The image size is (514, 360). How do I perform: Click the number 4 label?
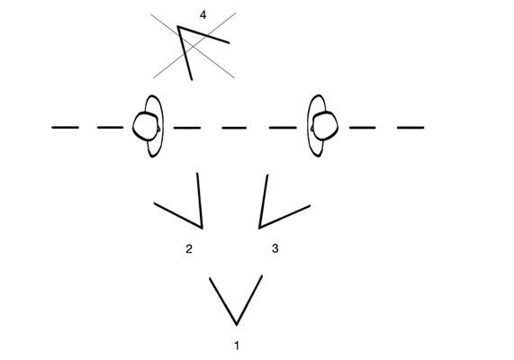(203, 15)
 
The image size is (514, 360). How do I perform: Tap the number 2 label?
(189, 249)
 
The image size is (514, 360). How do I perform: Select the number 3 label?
(275, 248)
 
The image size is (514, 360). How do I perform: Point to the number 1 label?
(237, 346)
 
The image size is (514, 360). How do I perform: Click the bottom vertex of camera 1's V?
(237, 325)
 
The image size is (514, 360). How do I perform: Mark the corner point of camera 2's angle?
(202, 228)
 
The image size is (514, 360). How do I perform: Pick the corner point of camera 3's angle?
(259, 228)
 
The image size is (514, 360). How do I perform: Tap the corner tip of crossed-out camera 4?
(178, 26)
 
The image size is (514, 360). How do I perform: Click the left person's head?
(146, 126)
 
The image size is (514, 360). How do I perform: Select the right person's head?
(324, 126)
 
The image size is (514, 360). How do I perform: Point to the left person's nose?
(159, 128)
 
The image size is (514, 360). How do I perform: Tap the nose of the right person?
(311, 128)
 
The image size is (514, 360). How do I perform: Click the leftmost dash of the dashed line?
(65, 127)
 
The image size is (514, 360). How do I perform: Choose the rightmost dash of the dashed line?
(410, 127)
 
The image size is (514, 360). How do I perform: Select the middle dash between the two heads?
(234, 128)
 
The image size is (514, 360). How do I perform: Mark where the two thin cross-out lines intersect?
(194, 46)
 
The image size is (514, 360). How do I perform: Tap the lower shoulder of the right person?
(316, 148)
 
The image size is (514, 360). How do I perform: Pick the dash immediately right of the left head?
(187, 128)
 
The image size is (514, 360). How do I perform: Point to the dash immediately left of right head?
(283, 127)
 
